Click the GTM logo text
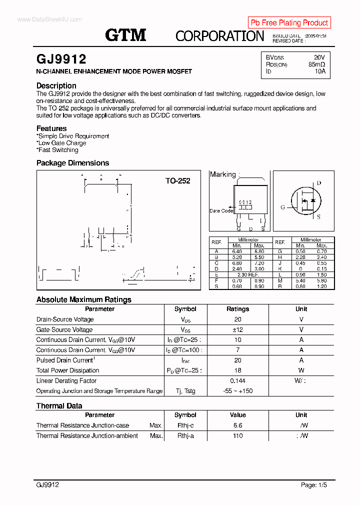[x=125, y=35]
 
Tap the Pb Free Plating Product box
[x=289, y=22]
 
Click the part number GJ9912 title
[x=61, y=59]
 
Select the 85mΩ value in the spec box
[x=316, y=64]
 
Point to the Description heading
[x=56, y=85]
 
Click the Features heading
[x=51, y=128]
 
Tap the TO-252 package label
[x=178, y=181]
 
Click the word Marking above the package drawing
[x=222, y=174]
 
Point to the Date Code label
[x=221, y=211]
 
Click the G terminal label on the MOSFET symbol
[x=282, y=207]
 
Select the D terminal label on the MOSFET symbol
[x=319, y=183]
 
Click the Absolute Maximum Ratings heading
[x=84, y=299]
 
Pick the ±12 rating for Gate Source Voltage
[x=237, y=329]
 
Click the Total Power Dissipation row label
[x=67, y=370]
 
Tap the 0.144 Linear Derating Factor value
[x=237, y=381]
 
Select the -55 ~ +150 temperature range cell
[x=237, y=391]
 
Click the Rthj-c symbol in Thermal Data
[x=185, y=425]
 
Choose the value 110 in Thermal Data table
[x=237, y=436]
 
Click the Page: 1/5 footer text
[x=314, y=485]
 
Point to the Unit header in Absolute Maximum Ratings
[x=301, y=309]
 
